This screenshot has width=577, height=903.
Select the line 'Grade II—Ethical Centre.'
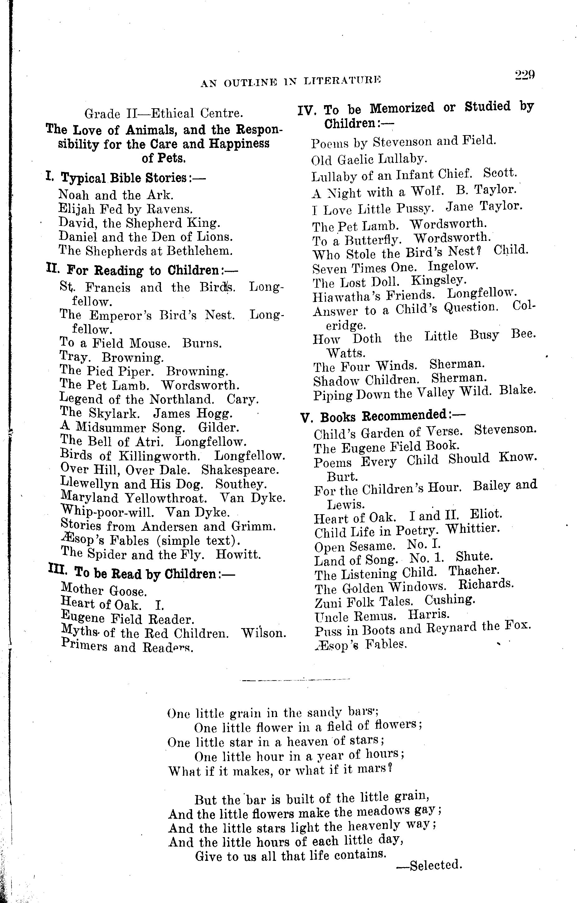pos(164,113)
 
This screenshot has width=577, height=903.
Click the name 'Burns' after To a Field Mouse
pos(202,343)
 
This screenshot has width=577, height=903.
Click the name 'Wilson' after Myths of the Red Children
pos(264,633)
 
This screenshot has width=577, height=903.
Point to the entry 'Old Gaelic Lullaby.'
pos(369,159)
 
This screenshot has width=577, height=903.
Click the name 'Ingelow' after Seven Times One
pos(453,266)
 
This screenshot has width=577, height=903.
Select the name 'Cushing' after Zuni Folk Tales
pos(449,600)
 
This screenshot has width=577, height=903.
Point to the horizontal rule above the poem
pos(295,679)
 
